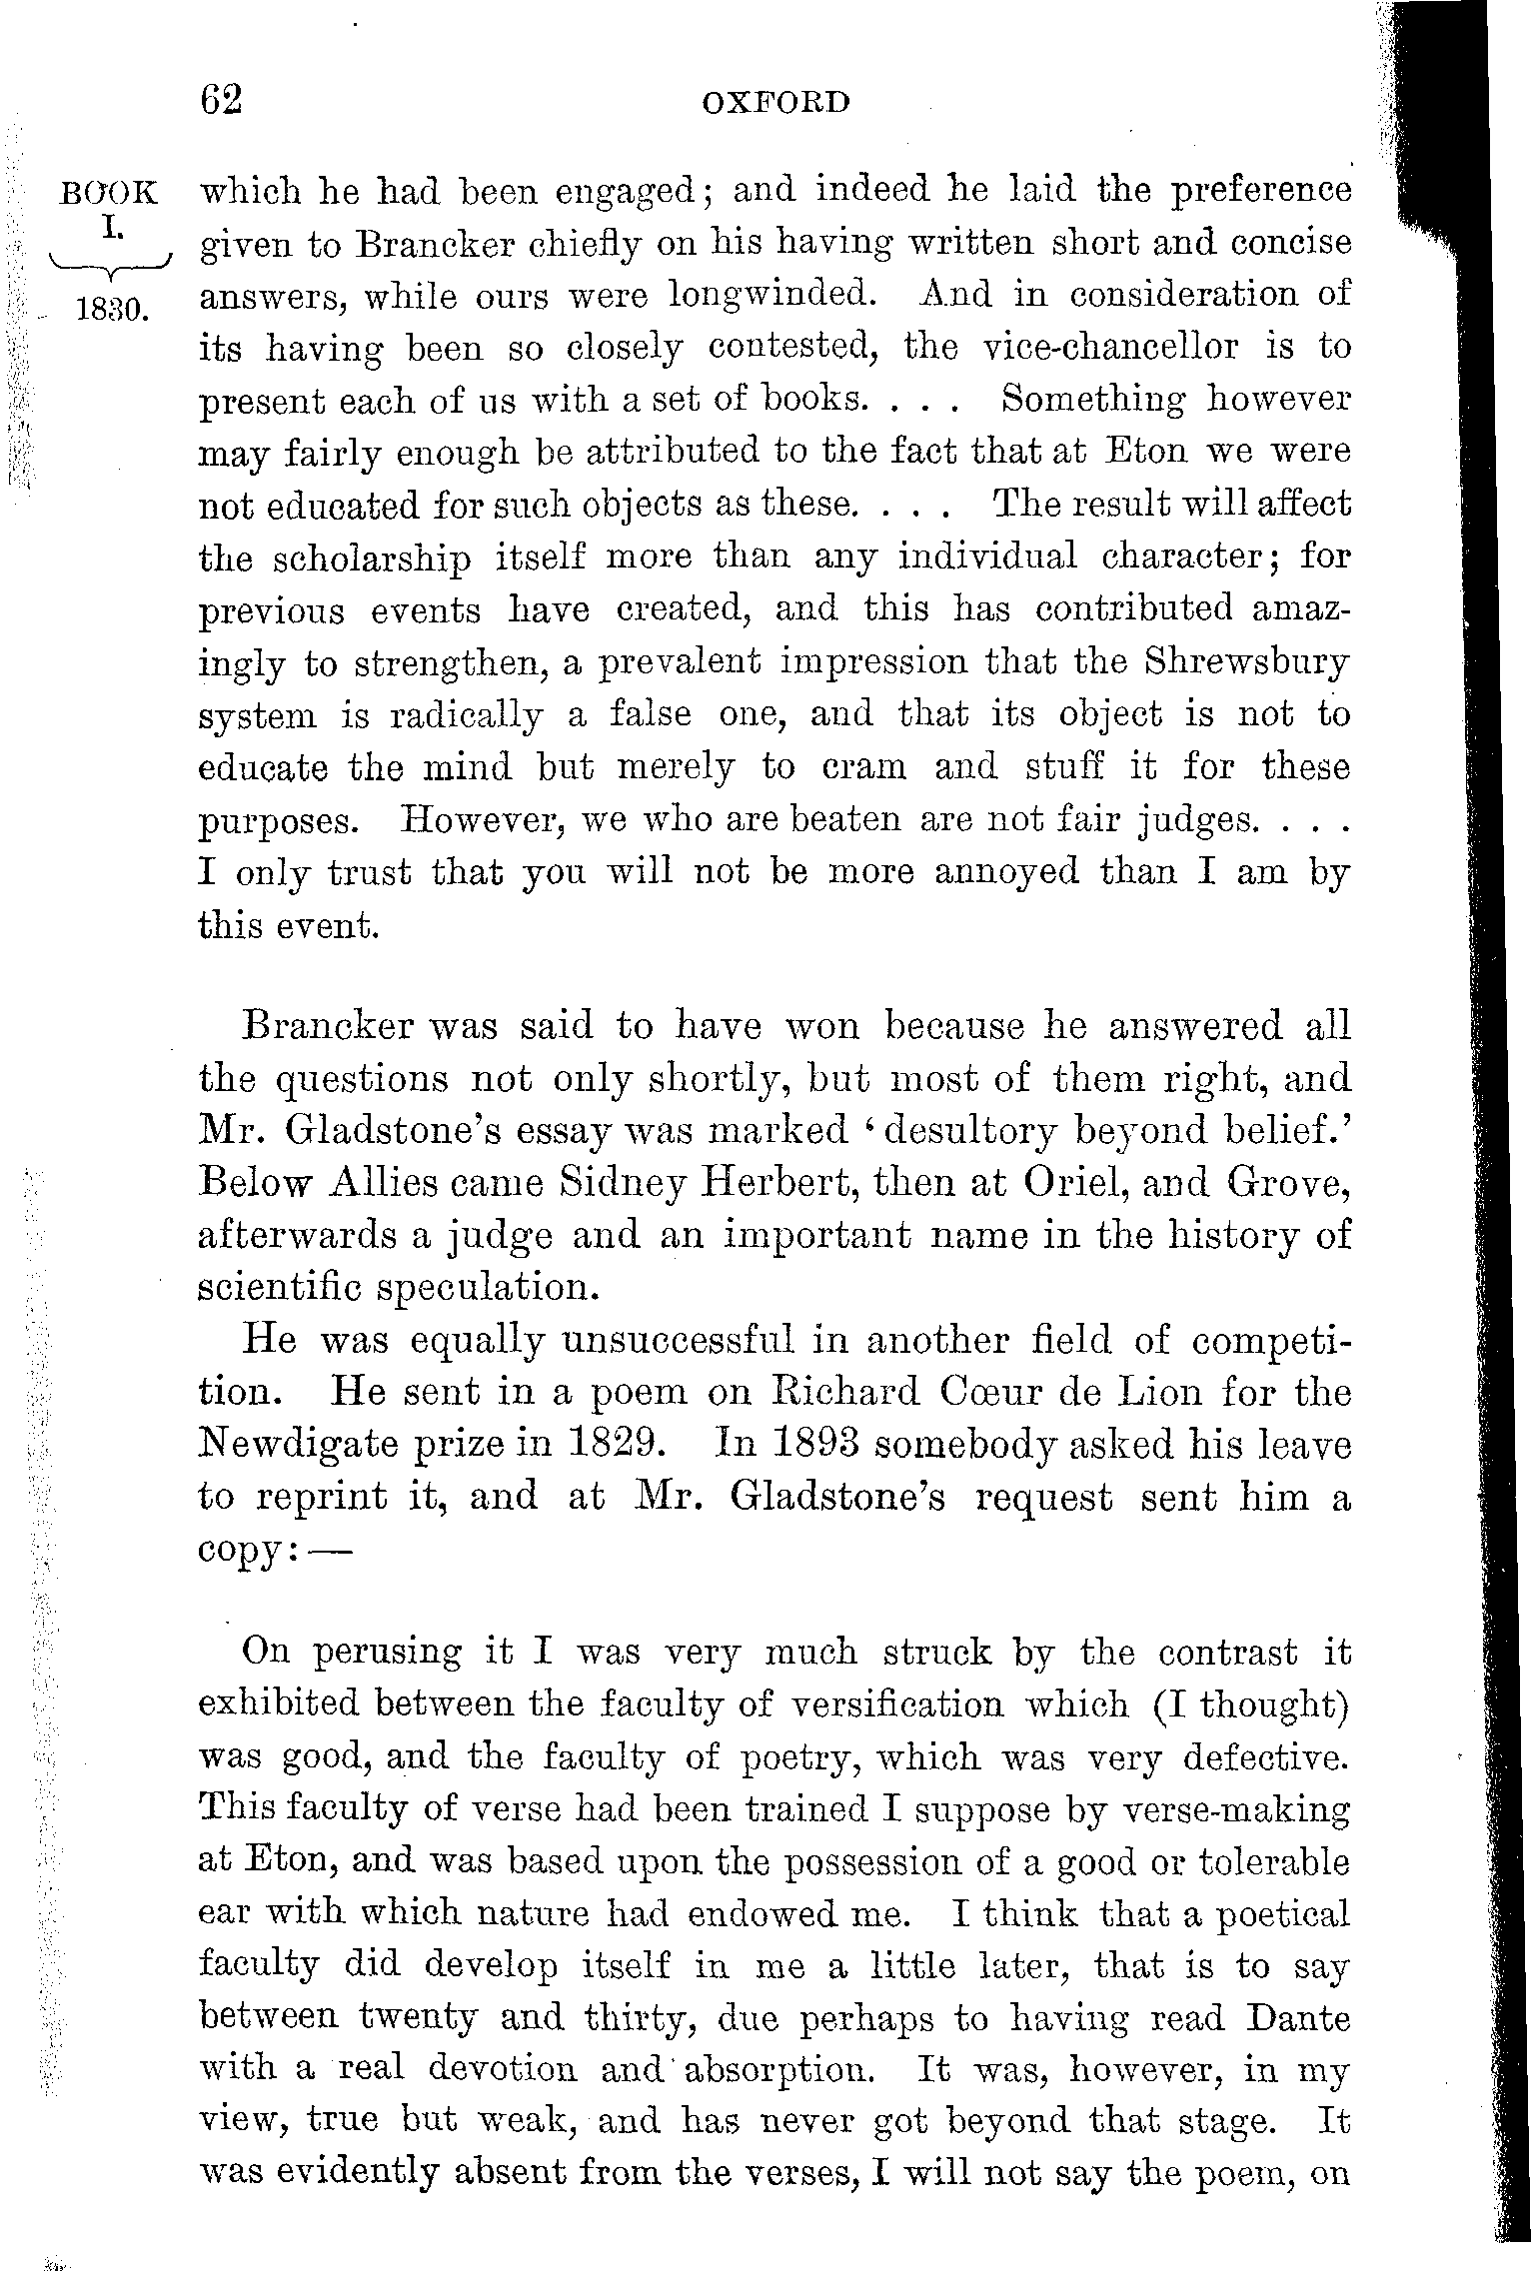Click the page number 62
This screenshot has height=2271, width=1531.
coord(221,101)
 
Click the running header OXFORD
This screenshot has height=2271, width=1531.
coord(775,103)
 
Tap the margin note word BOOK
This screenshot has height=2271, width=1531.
coord(108,193)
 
